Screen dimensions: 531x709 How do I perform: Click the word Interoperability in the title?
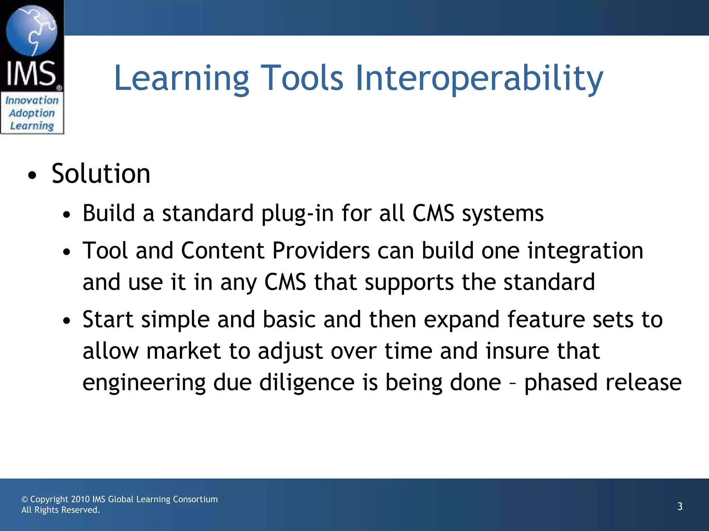click(479, 79)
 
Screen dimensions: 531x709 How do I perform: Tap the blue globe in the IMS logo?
click(32, 30)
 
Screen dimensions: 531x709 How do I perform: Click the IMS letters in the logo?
click(31, 73)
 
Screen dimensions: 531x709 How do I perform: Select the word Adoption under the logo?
click(32, 113)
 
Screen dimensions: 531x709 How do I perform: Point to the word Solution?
click(101, 174)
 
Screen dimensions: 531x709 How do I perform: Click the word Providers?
click(321, 251)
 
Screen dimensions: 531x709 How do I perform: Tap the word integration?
click(585, 251)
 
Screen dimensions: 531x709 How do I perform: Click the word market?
click(183, 351)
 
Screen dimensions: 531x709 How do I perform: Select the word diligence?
click(307, 383)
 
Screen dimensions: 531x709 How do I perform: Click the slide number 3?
click(680, 506)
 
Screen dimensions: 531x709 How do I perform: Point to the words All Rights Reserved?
click(61, 510)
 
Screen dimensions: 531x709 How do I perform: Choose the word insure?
click(517, 351)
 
